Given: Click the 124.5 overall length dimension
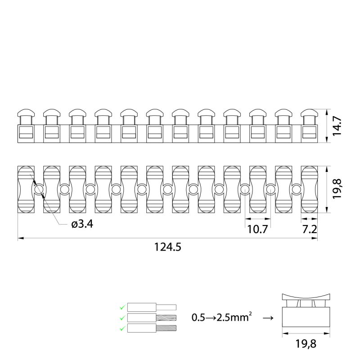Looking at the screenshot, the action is [167, 247].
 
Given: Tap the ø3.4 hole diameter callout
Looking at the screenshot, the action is [82, 224].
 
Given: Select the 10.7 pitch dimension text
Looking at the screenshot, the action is [257, 229].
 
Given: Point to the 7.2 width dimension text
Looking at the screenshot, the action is [310, 229].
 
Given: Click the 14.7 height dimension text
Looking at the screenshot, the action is [337, 126].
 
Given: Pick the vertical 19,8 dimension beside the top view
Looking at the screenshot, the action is [337, 189].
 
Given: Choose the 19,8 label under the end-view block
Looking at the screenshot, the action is [306, 344].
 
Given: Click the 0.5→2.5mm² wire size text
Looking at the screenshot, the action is [221, 317].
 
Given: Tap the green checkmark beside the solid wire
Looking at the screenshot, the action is [122, 307].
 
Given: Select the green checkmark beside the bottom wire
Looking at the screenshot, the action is [122, 329].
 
